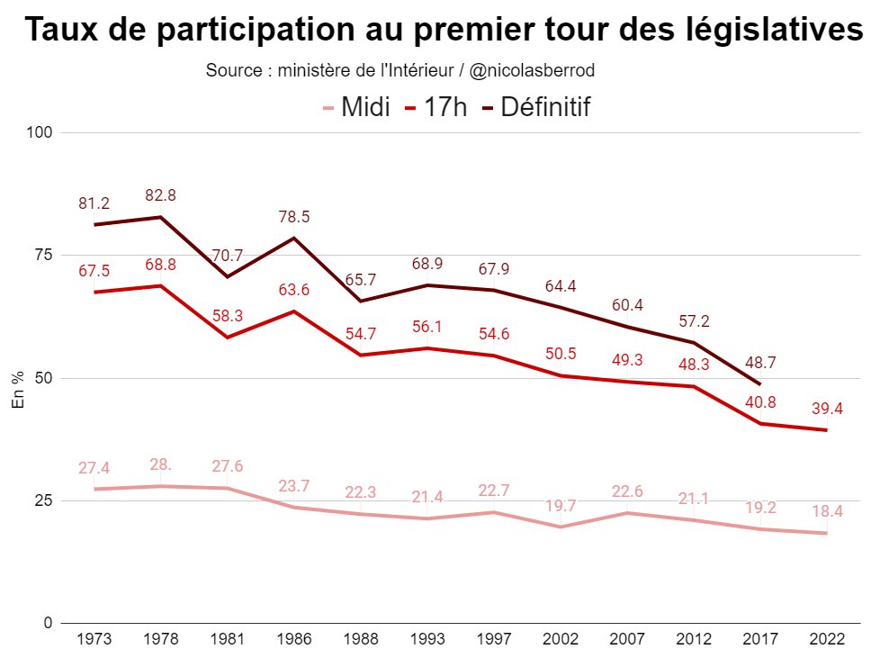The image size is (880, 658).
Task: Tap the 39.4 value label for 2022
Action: (x=827, y=409)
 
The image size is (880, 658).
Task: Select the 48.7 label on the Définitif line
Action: (x=760, y=363)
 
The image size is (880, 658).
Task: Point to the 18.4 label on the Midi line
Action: (x=827, y=511)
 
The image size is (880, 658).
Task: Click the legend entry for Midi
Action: (x=356, y=108)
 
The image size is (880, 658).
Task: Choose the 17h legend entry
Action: (x=436, y=108)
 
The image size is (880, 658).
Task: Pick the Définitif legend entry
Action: (x=536, y=108)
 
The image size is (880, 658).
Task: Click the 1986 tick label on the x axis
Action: (x=294, y=639)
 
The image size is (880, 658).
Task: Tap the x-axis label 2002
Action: (x=561, y=639)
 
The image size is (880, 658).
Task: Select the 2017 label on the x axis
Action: (x=760, y=639)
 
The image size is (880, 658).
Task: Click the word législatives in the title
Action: (x=776, y=31)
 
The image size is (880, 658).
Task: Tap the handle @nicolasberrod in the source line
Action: (x=532, y=70)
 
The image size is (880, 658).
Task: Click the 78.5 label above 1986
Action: (x=294, y=216)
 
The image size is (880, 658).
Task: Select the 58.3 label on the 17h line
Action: (x=228, y=316)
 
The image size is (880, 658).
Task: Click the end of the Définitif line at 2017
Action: (x=760, y=384)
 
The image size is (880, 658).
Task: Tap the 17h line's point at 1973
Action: (x=94, y=292)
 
